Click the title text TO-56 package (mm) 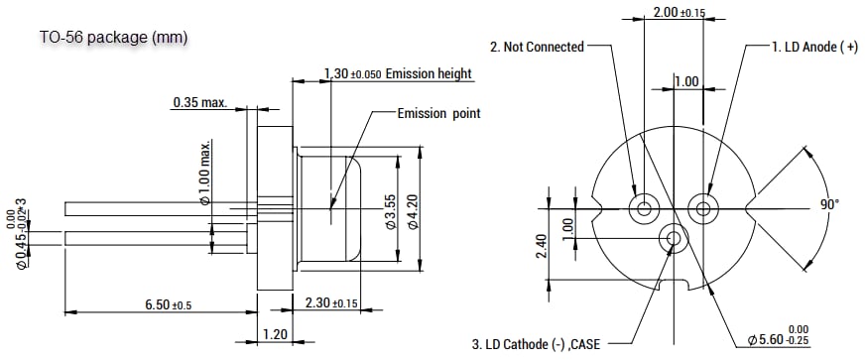coord(113,38)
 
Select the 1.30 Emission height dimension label coord(398,74)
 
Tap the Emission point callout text coord(438,113)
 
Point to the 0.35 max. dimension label coord(199,102)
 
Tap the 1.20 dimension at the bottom coord(275,335)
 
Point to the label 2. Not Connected coord(537,46)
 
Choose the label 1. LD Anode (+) coord(814,46)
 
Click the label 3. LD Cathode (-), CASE coord(543,344)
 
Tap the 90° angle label coord(829,203)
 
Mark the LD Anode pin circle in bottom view coord(704,208)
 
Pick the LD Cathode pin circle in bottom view coord(675,238)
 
